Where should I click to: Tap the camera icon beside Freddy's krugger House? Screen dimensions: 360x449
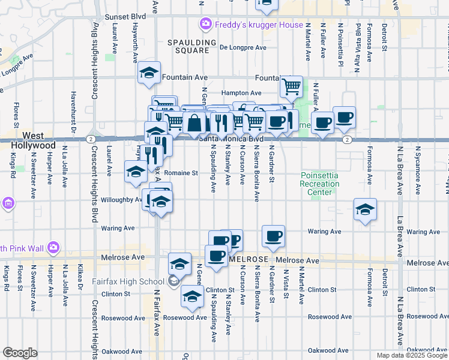click(x=205, y=24)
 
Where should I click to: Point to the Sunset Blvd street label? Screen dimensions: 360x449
click(x=125, y=17)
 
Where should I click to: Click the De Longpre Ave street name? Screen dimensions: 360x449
click(x=243, y=47)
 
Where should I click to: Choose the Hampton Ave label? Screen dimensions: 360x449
click(x=241, y=93)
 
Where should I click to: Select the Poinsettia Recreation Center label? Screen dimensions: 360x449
click(x=316, y=184)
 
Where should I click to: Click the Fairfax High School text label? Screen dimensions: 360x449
click(x=123, y=281)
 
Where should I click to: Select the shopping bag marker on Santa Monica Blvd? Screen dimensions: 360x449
click(x=195, y=124)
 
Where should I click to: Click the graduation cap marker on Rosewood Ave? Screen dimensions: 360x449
click(x=192, y=296)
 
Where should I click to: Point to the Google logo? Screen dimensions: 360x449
click(x=20, y=353)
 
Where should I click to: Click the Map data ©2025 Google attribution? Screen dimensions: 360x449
click(x=411, y=355)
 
